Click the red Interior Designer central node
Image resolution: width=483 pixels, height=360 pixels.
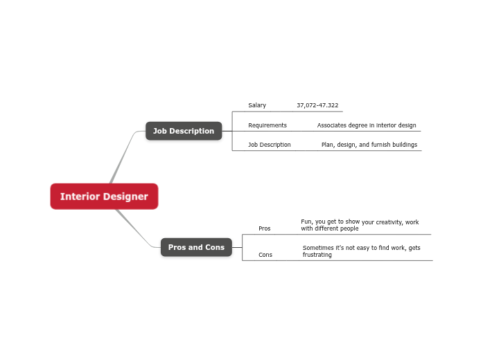coord(104,196)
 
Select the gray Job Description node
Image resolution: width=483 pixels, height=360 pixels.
coord(184,131)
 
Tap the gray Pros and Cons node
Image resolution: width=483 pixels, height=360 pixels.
coord(196,247)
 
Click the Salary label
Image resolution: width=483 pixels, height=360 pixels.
coord(257,105)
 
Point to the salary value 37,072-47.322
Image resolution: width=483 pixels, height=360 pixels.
coord(317,105)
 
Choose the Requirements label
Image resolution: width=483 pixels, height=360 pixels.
coord(267,125)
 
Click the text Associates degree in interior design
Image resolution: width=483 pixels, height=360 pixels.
coord(367,125)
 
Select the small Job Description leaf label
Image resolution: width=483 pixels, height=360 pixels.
coord(270,145)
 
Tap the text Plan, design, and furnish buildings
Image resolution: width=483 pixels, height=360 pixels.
coord(369,145)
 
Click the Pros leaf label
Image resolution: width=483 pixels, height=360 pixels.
coord(265,228)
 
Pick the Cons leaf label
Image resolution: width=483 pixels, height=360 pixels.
coord(265,255)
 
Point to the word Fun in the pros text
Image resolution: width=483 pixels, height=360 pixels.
coord(306,222)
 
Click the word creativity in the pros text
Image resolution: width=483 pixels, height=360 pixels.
coord(388,222)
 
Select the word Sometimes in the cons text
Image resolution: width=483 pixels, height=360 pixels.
coord(319,247)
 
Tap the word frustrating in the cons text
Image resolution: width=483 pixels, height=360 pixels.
coord(317,255)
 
